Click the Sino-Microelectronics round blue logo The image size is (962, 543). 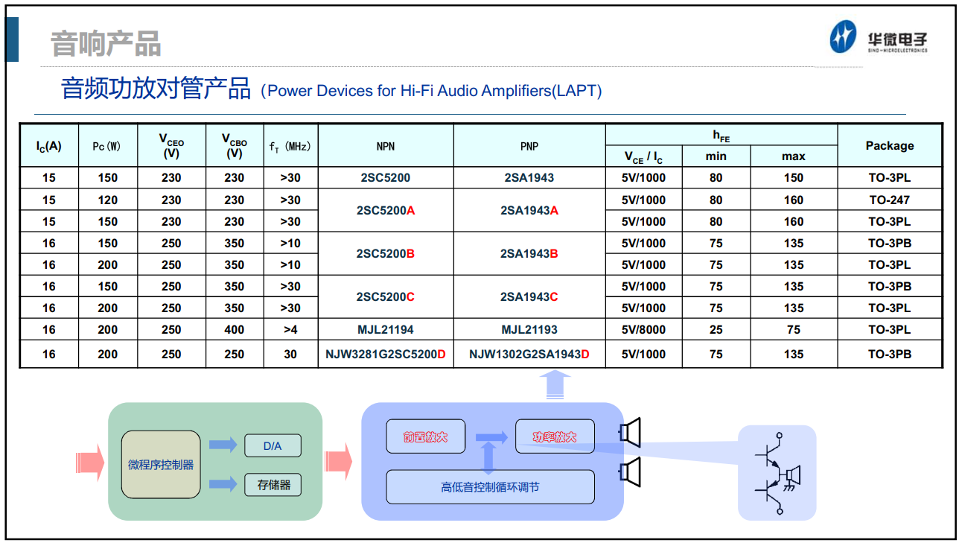tap(843, 37)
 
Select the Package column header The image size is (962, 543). tap(890, 146)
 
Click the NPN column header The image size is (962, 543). tap(385, 147)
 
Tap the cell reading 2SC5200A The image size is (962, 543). tap(385, 211)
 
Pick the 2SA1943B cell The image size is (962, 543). tap(529, 253)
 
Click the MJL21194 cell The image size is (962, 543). tap(385, 329)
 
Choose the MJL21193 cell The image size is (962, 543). tap(529, 329)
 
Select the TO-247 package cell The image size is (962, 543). tap(890, 200)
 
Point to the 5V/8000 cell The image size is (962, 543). tap(643, 329)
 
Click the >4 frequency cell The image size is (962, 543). tap(290, 329)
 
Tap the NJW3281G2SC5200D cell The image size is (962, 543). tap(385, 354)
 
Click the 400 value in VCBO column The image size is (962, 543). tap(234, 329)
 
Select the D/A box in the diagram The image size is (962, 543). tap(273, 445)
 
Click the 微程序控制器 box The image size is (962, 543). tap(161, 464)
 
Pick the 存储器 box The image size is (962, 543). tap(273, 485)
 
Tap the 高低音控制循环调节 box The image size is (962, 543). tap(490, 486)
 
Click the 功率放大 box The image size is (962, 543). tap(555, 436)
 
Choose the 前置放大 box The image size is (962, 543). tap(426, 436)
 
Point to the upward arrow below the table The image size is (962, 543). tap(555, 385)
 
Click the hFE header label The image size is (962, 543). tap(721, 136)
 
